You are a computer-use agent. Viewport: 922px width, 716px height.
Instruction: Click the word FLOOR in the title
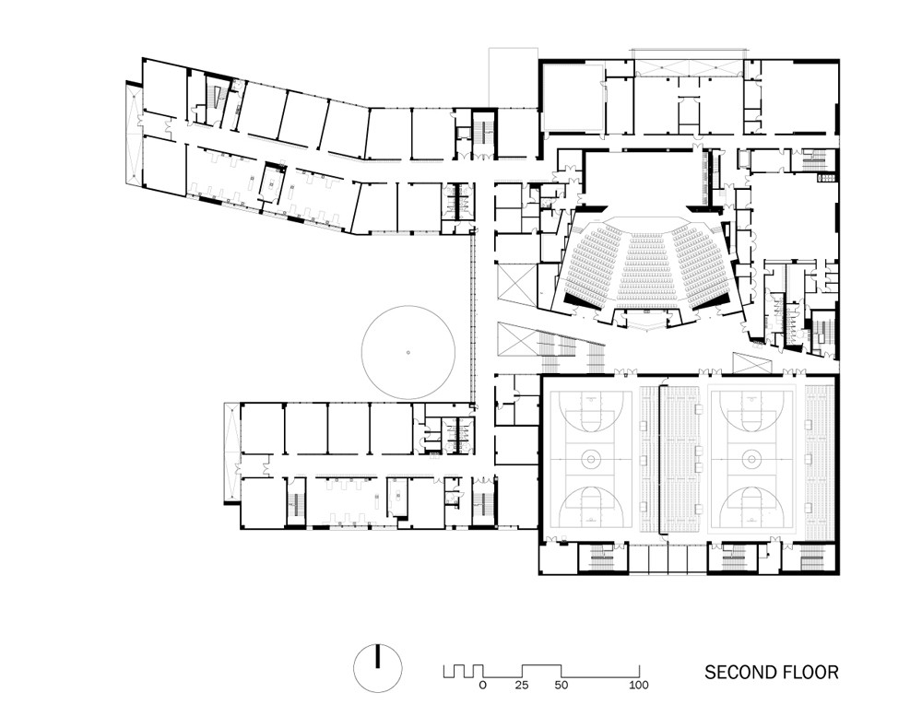coord(811,673)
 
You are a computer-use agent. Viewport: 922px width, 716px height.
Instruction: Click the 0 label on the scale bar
coord(482,686)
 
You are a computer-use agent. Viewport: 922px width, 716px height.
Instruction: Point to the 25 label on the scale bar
coord(522,686)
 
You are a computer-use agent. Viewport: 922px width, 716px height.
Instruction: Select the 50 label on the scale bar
coord(561,686)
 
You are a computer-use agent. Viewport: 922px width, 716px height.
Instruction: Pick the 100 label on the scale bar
coord(638,686)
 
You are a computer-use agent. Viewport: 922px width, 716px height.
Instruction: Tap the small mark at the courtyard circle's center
coord(408,353)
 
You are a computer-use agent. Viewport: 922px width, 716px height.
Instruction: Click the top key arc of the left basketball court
coord(590,406)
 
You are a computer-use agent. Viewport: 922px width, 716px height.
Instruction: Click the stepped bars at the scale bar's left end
coord(460,671)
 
